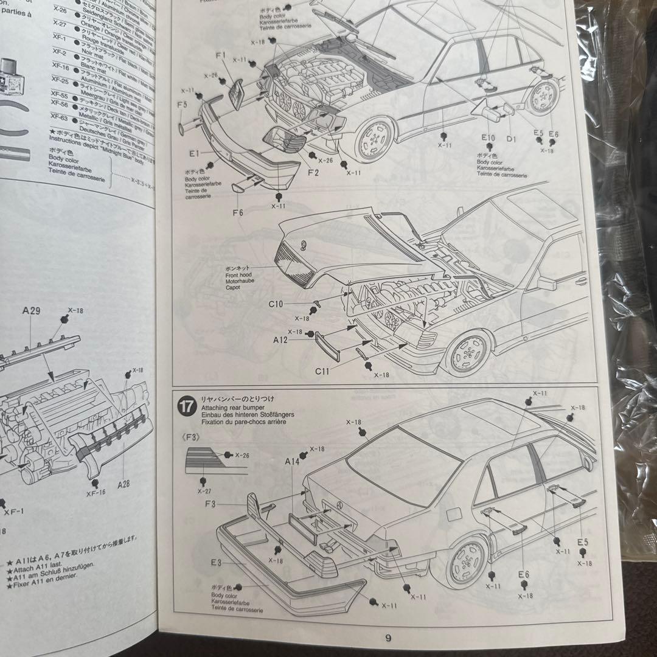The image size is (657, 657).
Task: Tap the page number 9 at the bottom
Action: coord(388,638)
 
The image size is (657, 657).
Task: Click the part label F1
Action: coord(221,56)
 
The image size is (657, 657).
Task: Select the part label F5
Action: coord(182,105)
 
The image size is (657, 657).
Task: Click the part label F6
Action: coord(237,212)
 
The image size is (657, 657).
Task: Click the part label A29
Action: coord(32,311)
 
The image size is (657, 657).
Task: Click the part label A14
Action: coord(293,462)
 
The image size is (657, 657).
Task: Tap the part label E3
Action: coord(217,563)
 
